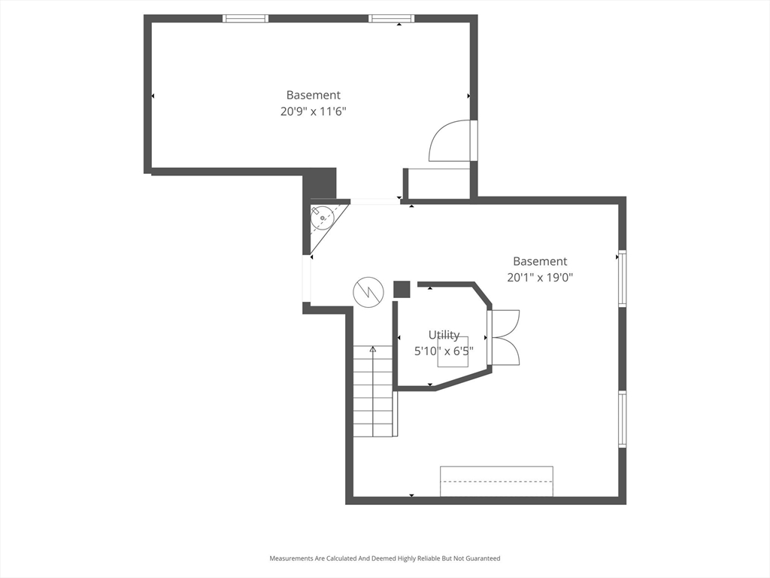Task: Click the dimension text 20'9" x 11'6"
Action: tap(313, 111)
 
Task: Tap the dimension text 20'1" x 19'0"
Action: tap(540, 278)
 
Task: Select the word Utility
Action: tap(444, 335)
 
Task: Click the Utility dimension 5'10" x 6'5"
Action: tap(444, 351)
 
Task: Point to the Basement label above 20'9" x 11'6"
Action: tap(313, 96)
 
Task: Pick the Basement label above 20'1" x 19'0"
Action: tap(540, 262)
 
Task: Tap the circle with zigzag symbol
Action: tap(368, 291)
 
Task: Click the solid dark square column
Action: tap(402, 290)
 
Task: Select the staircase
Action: tap(374, 391)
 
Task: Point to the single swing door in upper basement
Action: tap(451, 141)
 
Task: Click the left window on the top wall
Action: tap(246, 18)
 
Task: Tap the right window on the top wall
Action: tap(391, 18)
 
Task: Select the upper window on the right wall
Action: tap(622, 279)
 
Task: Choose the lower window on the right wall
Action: tap(622, 418)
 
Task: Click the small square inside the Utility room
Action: tap(453, 351)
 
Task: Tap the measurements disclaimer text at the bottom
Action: tap(385, 558)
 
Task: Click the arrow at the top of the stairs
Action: tap(373, 349)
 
